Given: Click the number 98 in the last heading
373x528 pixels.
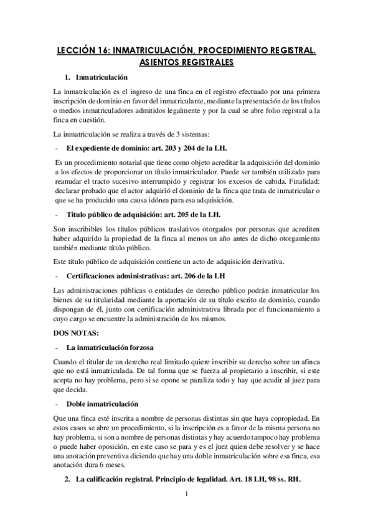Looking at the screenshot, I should (282, 481).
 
